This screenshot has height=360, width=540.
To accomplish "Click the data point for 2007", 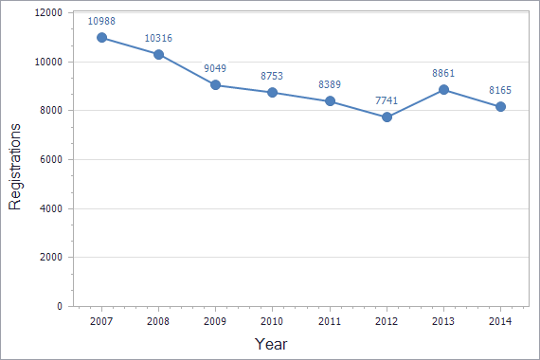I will [101, 38].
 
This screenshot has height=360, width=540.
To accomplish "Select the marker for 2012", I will [387, 117].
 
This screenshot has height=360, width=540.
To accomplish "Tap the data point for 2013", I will [443, 90].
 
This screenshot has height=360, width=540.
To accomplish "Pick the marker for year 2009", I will [215, 85].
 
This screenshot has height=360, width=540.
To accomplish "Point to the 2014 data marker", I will [500, 106].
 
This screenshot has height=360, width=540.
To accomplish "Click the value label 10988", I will [101, 21].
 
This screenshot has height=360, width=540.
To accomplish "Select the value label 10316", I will [158, 38].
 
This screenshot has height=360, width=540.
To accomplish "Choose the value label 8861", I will [443, 73].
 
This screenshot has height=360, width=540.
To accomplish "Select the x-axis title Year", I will [271, 344].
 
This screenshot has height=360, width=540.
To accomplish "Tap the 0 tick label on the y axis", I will [60, 307].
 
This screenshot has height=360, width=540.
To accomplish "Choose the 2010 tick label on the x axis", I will [272, 321].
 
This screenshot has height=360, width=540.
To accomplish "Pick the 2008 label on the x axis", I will [158, 321].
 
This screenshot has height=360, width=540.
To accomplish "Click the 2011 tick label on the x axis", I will [330, 321].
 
